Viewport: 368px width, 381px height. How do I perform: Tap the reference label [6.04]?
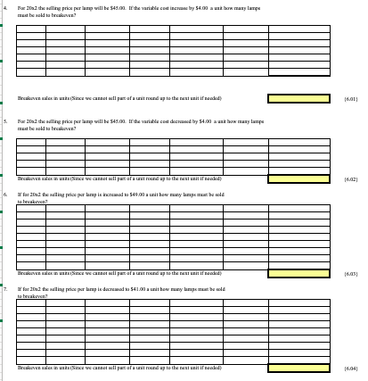[x=351, y=367]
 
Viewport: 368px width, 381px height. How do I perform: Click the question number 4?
[x=5, y=7]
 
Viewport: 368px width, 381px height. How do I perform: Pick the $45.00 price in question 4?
[x=114, y=7]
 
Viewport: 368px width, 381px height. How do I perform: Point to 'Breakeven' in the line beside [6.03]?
[x=29, y=284]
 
